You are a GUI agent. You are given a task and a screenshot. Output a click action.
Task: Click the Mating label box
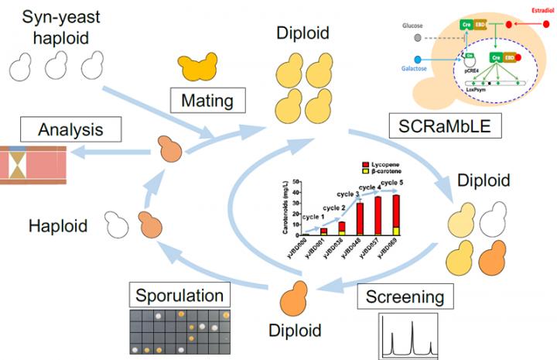(x=208, y=100)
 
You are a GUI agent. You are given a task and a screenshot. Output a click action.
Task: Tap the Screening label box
(x=403, y=296)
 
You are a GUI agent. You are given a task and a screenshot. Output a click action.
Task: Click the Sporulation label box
(x=179, y=296)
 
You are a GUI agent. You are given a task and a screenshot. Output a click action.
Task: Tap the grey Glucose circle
(x=419, y=37)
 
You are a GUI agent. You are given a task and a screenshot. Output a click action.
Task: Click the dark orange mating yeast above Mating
(x=199, y=69)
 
